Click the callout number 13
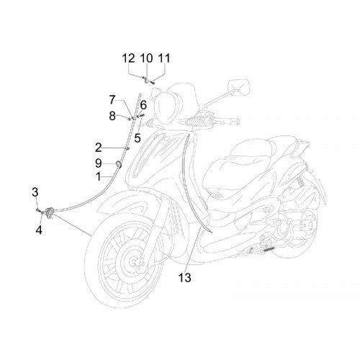185,278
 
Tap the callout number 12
129,58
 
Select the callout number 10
146,58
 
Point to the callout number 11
164,58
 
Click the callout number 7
112,100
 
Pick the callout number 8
112,116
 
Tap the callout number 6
143,105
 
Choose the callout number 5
138,138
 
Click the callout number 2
99,148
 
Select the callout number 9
99,163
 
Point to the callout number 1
99,177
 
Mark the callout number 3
35,192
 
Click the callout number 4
39,230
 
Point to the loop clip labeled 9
119,164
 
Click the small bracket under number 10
146,80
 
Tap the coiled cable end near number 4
50,212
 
